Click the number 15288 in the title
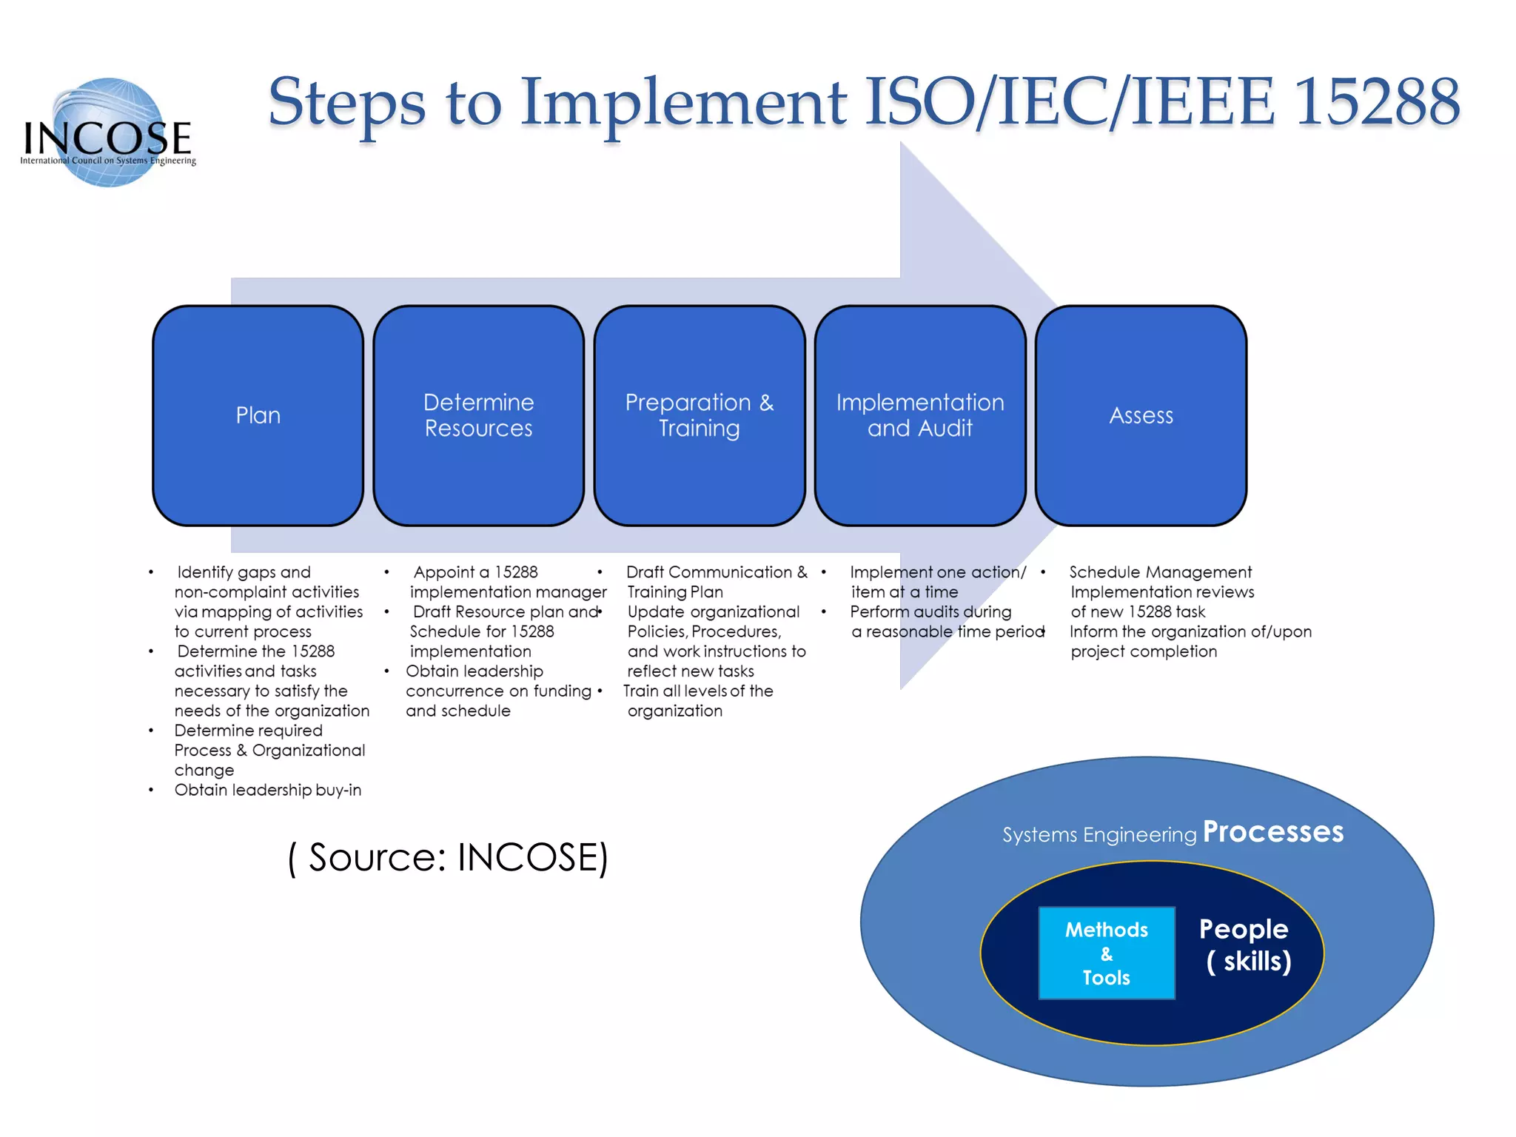point(1377,102)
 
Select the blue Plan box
point(258,415)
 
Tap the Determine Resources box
point(478,415)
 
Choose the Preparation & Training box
point(699,415)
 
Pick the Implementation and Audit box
point(919,415)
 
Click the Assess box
point(1141,415)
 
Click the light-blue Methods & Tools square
point(1106,953)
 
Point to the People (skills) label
point(1246,945)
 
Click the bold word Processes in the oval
point(1272,832)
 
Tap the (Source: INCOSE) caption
point(448,858)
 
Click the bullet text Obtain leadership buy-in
point(268,790)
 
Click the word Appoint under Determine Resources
point(444,572)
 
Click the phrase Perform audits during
point(930,612)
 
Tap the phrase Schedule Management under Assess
point(1160,572)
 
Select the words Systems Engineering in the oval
point(1099,835)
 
